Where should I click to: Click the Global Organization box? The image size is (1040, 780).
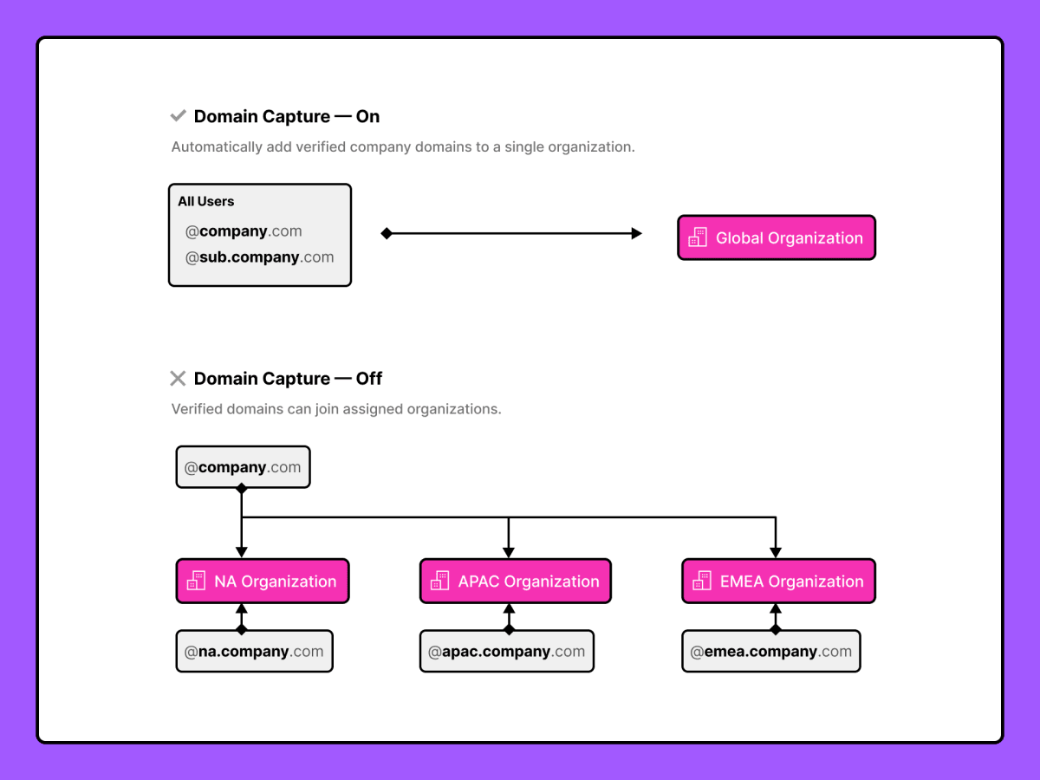[777, 237]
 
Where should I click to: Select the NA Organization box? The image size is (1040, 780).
[263, 582]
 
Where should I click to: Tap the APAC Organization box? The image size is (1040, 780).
[516, 582]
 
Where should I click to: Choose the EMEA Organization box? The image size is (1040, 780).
[778, 582]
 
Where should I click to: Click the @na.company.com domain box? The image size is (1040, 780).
[254, 652]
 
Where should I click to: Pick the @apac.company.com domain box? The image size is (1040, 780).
[507, 652]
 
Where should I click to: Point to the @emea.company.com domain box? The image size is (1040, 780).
[771, 652]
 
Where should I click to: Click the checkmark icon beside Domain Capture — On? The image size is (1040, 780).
[178, 116]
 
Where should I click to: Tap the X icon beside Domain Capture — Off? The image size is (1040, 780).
[178, 378]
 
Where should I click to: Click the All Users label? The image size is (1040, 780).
[206, 201]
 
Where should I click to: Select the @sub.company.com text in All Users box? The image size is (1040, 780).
[259, 257]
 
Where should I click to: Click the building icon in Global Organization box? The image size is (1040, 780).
[698, 237]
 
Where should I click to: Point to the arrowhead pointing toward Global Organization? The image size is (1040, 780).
[636, 233]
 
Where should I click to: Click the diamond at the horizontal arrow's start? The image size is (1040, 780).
[387, 233]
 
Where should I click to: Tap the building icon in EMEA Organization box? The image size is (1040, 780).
[702, 582]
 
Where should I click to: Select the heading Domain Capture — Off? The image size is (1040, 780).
[288, 378]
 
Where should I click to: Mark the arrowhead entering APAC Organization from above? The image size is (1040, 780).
[509, 552]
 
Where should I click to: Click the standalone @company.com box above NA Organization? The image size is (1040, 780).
[243, 467]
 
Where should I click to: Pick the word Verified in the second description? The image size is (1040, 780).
[196, 408]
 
